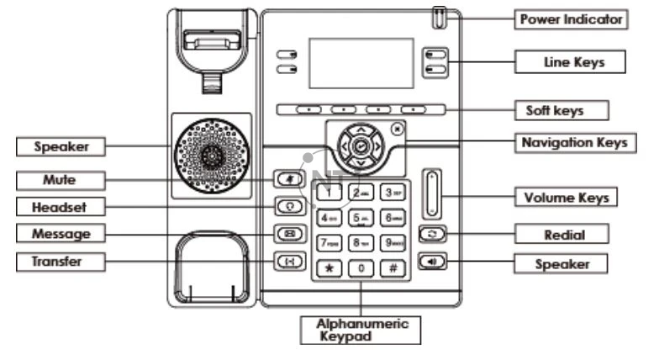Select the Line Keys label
point(571,61)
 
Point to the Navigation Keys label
point(574,142)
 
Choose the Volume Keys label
point(566,199)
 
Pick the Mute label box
point(60,179)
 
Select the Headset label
point(59,206)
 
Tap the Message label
point(60,232)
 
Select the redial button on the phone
point(435,235)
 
